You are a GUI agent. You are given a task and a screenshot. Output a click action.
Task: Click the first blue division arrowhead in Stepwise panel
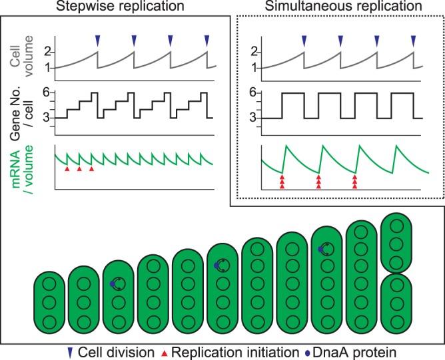coord(97,41)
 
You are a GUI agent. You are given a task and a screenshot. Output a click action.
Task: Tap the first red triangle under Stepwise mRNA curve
coord(66,170)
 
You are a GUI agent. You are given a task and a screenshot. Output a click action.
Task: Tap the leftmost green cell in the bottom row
coord(49,303)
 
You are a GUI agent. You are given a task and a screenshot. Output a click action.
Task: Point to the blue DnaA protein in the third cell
coord(113,284)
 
